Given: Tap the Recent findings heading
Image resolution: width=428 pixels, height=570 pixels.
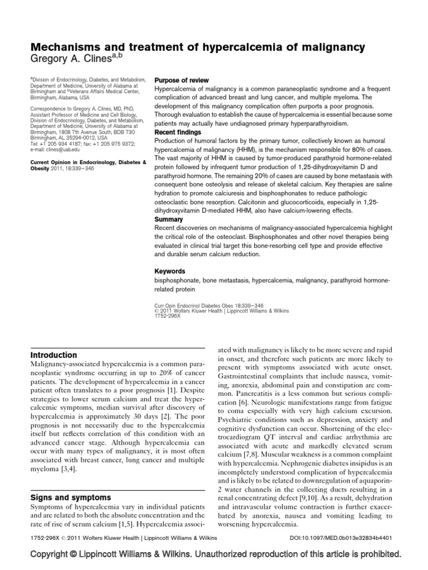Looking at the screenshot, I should (x=177, y=132).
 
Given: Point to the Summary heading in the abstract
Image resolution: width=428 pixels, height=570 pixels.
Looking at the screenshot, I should (x=169, y=219).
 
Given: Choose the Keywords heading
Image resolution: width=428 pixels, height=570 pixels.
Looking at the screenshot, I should (x=170, y=271).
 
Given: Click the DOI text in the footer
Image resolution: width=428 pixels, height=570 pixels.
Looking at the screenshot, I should (x=351, y=540).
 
